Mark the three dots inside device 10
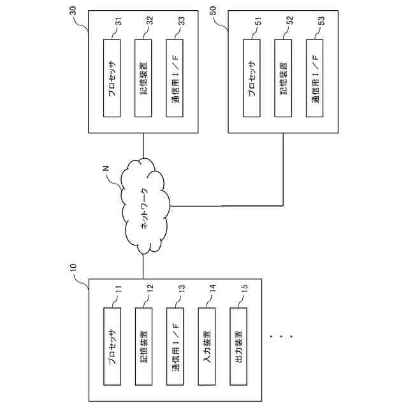[280, 334]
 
